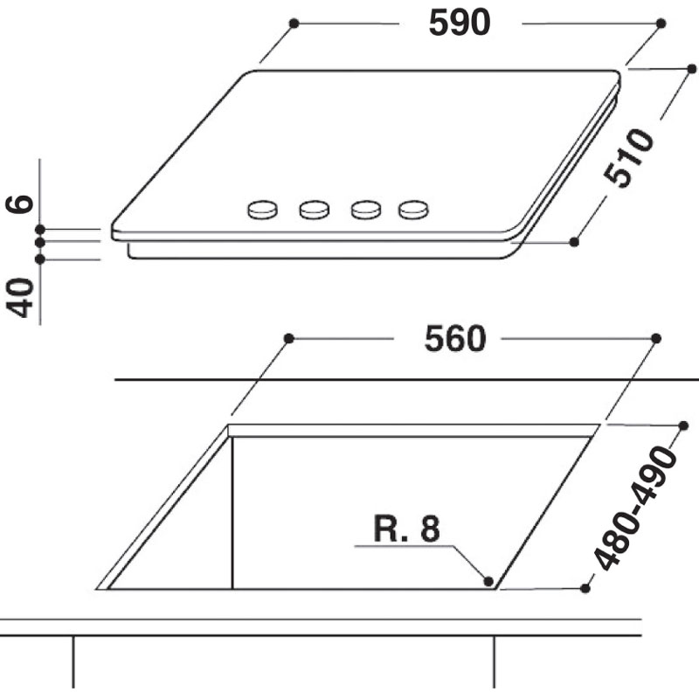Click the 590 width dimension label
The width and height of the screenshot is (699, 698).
(x=460, y=23)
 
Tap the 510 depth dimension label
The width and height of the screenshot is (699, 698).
(x=629, y=157)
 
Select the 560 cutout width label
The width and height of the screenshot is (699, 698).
(x=454, y=339)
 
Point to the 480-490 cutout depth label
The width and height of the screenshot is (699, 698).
(x=636, y=508)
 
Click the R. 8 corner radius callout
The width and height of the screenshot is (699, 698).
(x=406, y=529)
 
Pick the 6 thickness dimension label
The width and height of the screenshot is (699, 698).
(x=19, y=204)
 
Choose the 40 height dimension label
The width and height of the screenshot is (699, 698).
(x=19, y=298)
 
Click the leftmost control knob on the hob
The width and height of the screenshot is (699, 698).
(x=263, y=210)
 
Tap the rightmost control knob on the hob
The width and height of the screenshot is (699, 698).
(x=413, y=210)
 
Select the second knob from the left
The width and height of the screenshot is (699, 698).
(x=315, y=210)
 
